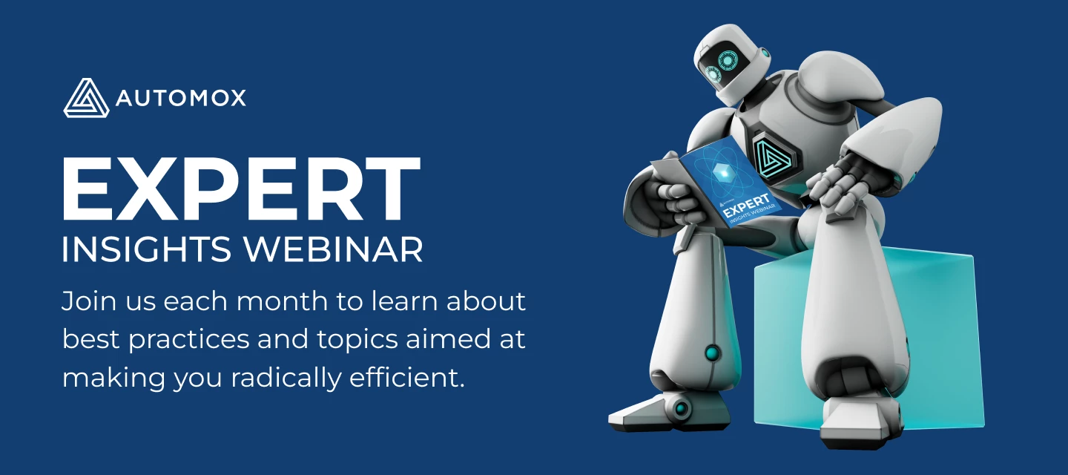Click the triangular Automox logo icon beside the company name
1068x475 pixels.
click(86, 98)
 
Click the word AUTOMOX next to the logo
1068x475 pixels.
click(181, 98)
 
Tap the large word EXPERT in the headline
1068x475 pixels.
click(241, 189)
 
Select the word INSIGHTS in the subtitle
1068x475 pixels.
click(146, 249)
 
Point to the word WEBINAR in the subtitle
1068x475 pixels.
click(334, 249)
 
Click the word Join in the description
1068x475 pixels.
click(89, 302)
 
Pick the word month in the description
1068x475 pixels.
click(283, 301)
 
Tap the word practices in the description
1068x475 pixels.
click(189, 341)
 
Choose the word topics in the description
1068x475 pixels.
click(357, 341)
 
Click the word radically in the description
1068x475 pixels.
click(286, 379)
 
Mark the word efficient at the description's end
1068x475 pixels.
click(406, 377)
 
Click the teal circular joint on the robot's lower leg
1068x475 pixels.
click(713, 353)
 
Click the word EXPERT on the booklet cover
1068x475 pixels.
click(745, 205)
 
